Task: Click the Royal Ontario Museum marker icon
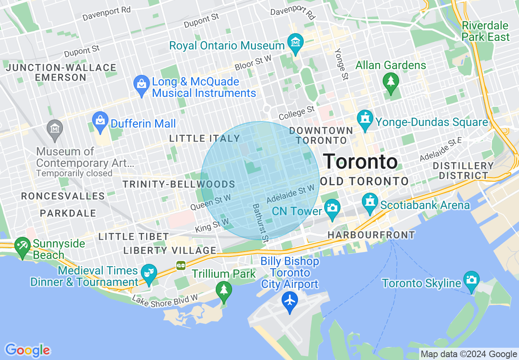[295, 42]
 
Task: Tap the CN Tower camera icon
[332, 207]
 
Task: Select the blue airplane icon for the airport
[290, 301]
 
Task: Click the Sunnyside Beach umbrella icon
[22, 246]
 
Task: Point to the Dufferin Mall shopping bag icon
[100, 120]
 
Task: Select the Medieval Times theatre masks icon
[149, 272]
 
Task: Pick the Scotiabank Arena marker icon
[370, 202]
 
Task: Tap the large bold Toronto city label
[360, 162]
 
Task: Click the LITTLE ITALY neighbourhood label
[204, 139]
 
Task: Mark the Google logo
[27, 350]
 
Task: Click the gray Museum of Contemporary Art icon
[54, 127]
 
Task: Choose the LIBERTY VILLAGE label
[169, 250]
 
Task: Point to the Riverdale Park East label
[485, 31]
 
